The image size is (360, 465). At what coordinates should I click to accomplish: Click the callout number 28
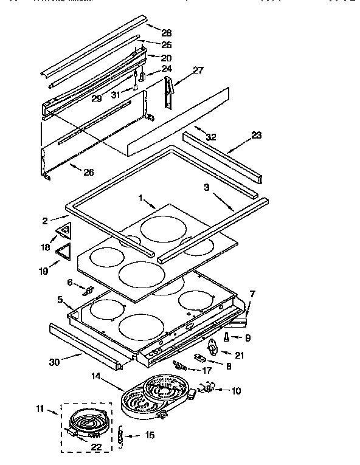(167, 32)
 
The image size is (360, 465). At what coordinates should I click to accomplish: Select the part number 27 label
(198, 71)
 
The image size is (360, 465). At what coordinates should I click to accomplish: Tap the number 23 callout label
(256, 136)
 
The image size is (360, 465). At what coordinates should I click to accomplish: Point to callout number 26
(89, 172)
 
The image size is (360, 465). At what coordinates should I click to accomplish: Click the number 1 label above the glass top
(140, 198)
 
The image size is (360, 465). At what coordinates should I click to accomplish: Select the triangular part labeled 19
(63, 250)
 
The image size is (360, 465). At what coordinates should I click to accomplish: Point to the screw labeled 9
(226, 336)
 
